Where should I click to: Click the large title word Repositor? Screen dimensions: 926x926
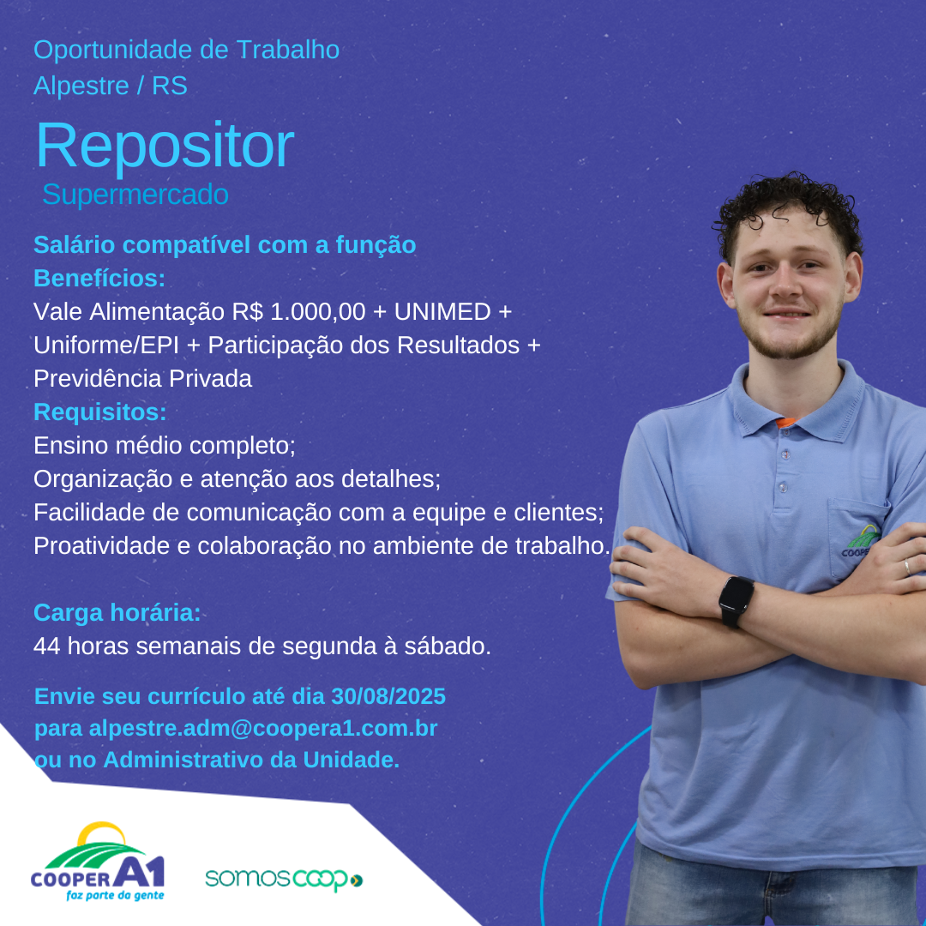(x=165, y=146)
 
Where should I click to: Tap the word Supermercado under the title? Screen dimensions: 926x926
(x=135, y=195)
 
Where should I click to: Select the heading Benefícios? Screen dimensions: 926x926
(x=99, y=278)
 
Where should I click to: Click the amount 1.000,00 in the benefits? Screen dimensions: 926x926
(x=318, y=312)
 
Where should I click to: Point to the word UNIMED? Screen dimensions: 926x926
(x=442, y=312)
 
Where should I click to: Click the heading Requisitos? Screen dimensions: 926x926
(x=99, y=412)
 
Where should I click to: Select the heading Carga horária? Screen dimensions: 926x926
(x=117, y=613)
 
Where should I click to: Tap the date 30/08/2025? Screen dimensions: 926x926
(x=388, y=696)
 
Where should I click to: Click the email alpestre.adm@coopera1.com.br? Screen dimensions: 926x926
(x=263, y=728)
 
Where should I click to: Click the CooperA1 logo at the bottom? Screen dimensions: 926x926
(x=98, y=861)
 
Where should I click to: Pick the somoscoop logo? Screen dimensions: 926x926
(x=284, y=879)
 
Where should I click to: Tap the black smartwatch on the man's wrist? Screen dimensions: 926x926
(x=736, y=600)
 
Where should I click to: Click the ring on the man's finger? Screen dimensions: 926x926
(x=907, y=568)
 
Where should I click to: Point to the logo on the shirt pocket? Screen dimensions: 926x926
(x=860, y=541)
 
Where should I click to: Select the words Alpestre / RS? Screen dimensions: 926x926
(x=111, y=86)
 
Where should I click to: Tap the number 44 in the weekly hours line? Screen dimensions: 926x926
(x=46, y=646)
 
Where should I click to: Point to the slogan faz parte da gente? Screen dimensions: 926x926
(x=115, y=895)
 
